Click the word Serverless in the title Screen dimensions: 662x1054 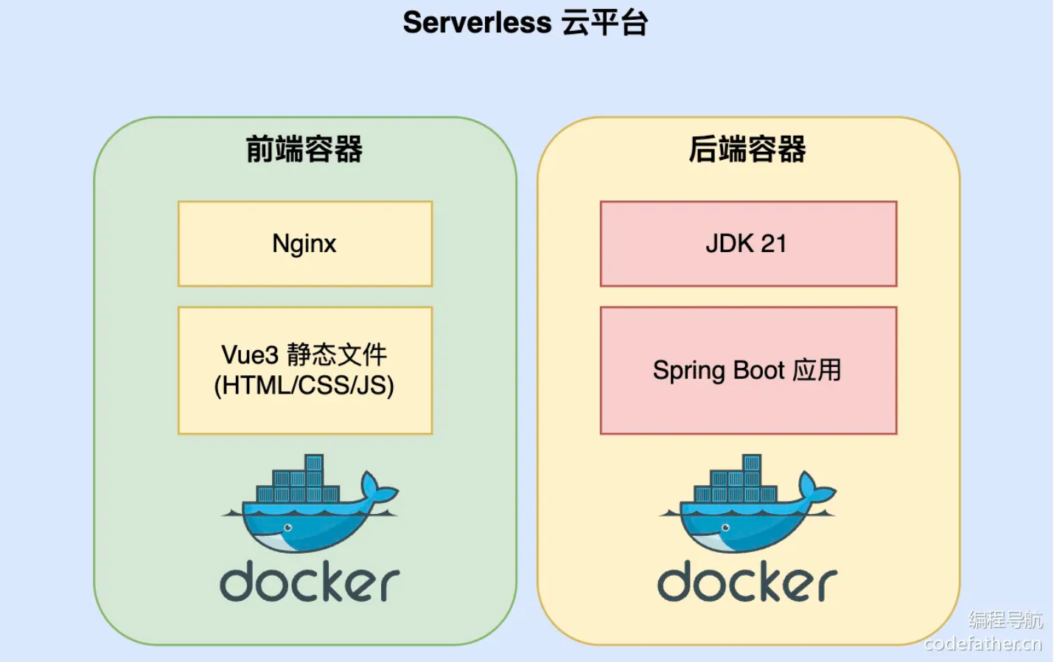click(477, 23)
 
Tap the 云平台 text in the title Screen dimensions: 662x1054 click(604, 23)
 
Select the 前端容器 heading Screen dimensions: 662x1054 click(304, 149)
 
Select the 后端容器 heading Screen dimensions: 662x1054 click(747, 149)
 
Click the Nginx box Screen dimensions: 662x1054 click(304, 243)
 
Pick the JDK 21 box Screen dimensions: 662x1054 click(748, 243)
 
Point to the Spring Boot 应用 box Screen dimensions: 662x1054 click(748, 370)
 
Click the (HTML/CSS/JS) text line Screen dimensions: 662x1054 click(304, 386)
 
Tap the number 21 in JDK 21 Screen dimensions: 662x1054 click(773, 243)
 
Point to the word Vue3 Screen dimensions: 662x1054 click(250, 355)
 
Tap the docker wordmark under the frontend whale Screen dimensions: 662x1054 click(310, 582)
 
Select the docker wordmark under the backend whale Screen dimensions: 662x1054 click(747, 582)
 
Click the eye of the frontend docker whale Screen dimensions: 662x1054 click(287, 528)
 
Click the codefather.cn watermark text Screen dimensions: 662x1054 click(983, 644)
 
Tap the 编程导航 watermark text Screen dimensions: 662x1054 click(1005, 619)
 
